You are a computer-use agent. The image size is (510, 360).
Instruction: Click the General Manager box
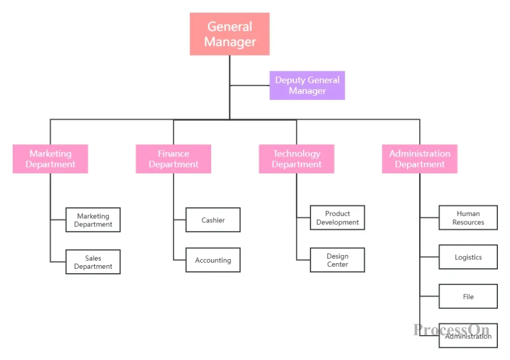(229, 34)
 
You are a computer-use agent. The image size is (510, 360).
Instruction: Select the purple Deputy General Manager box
(307, 85)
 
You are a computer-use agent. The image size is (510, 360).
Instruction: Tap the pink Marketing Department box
(50, 159)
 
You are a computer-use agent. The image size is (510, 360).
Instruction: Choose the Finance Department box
(173, 159)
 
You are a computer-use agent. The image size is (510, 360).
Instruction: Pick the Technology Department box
(297, 159)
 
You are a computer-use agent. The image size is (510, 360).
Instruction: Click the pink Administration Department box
(420, 159)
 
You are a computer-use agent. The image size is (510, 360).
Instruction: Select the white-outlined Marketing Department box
(93, 220)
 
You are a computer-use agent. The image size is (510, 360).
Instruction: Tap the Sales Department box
(93, 262)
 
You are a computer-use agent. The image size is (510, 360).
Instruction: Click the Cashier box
(213, 220)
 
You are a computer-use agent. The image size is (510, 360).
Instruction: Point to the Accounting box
(213, 260)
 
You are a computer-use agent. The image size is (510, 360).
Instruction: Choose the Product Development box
(338, 218)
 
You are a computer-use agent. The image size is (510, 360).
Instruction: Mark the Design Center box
(338, 260)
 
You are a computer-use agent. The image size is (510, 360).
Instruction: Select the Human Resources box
(468, 218)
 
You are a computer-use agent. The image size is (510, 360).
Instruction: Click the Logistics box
(468, 257)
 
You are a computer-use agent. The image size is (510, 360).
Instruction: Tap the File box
(468, 296)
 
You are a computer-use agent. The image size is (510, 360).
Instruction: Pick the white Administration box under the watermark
(468, 336)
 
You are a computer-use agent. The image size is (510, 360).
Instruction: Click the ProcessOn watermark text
(451, 330)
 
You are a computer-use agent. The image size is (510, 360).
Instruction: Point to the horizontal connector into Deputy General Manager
(250, 86)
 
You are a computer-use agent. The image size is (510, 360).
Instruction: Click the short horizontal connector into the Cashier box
(180, 220)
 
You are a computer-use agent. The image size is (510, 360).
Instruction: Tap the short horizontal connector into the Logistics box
(429, 257)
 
